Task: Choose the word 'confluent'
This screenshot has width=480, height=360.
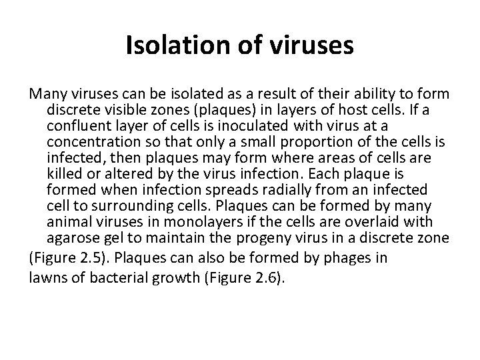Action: tap(75, 126)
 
